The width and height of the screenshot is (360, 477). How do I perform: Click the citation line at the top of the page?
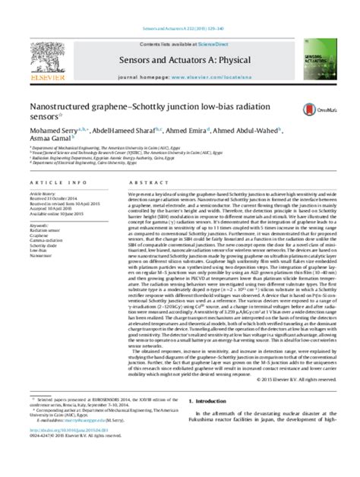pyautogui.click(x=180, y=5)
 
